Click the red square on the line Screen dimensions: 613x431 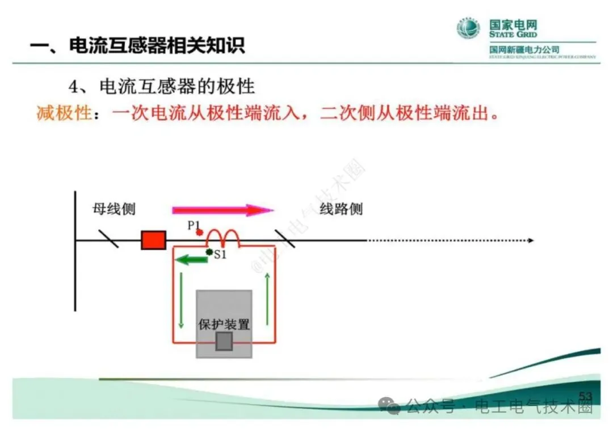click(x=153, y=240)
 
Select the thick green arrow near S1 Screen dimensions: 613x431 click(x=190, y=260)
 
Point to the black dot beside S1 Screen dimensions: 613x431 click(x=209, y=252)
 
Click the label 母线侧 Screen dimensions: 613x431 click(x=114, y=209)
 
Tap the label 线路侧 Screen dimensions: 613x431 click(x=341, y=209)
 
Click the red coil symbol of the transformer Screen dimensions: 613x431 click(x=222, y=238)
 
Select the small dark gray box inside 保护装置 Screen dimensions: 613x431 click(x=224, y=341)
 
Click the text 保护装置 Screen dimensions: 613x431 click(x=224, y=325)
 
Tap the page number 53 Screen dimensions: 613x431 click(x=585, y=395)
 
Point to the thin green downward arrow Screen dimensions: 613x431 click(x=181, y=301)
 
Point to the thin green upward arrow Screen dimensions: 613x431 click(x=267, y=301)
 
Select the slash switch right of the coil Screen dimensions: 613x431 click(x=285, y=239)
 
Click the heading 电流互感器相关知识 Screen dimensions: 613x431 click(x=157, y=45)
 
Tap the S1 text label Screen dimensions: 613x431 click(x=220, y=255)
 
